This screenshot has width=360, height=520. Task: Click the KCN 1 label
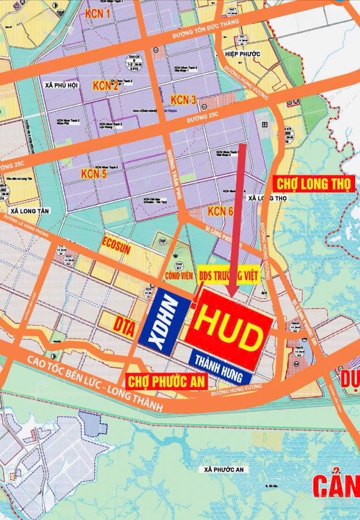(98, 14)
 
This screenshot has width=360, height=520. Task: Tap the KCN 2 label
(106, 86)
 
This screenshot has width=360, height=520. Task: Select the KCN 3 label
(183, 100)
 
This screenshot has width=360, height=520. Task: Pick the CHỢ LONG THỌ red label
(314, 183)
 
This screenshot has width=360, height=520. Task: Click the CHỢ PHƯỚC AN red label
(166, 382)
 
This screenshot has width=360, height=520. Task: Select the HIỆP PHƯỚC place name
(243, 54)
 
